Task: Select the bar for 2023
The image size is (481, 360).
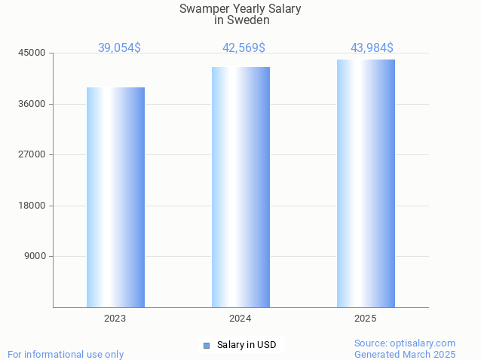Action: (115, 197)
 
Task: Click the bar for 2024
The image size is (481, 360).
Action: (240, 187)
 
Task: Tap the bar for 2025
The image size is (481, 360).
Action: (366, 183)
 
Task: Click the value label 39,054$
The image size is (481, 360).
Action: (119, 47)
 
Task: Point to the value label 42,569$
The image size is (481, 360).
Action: (244, 47)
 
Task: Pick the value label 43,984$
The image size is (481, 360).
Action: (372, 47)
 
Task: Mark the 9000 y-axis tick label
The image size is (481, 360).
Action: (35, 256)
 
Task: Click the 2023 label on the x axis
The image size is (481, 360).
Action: (115, 319)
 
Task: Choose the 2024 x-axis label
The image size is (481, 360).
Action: (240, 319)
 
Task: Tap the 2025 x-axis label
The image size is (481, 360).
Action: (366, 319)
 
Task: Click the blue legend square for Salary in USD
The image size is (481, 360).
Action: (206, 345)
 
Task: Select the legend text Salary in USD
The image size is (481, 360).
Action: (247, 345)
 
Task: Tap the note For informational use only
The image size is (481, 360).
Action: (66, 354)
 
